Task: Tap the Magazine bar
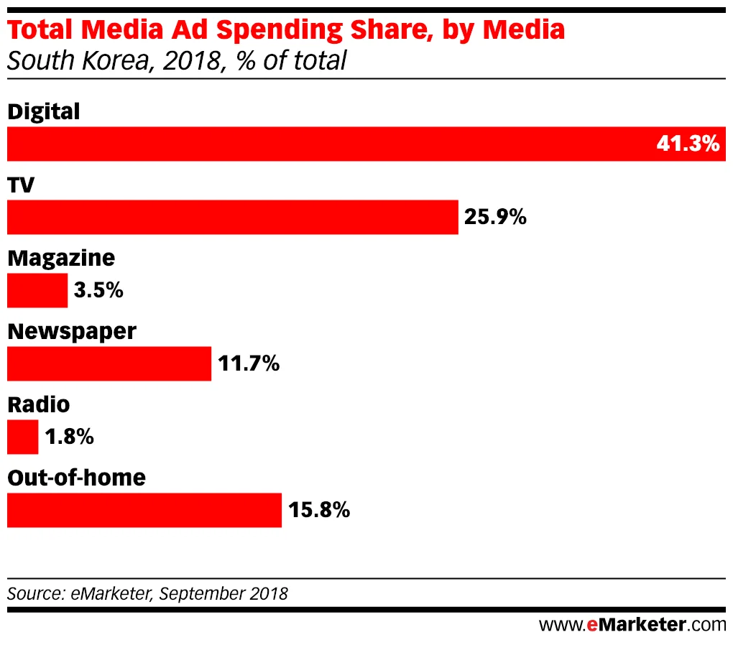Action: [37, 290]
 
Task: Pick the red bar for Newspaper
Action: [109, 363]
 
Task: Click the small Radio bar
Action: [22, 437]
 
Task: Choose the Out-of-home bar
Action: [144, 510]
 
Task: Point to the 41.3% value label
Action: [687, 144]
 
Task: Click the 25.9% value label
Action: [495, 217]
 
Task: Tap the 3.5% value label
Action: [98, 290]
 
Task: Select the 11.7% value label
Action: [248, 363]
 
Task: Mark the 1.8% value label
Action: [69, 437]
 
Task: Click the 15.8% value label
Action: [319, 510]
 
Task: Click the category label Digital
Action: [43, 111]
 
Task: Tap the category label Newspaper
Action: [71, 331]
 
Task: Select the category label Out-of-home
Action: [76, 477]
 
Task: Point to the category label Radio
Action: [38, 404]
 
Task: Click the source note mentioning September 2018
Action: [147, 594]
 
